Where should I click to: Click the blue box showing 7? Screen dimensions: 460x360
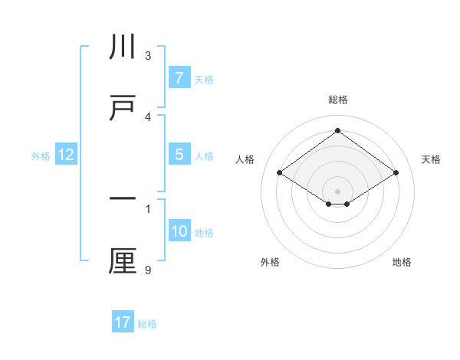(178, 78)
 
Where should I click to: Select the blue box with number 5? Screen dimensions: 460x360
(178, 155)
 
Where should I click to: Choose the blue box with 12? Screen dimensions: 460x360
(66, 155)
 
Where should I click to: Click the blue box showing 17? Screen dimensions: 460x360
(123, 322)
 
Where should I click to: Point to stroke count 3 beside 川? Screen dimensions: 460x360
(148, 56)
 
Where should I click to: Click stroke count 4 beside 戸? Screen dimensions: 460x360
(148, 116)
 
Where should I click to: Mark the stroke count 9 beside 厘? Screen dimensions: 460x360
(148, 269)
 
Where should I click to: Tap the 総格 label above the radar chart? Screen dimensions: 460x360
(337, 100)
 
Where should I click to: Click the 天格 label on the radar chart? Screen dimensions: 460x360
(431, 159)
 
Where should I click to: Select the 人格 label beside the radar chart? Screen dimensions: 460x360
(245, 159)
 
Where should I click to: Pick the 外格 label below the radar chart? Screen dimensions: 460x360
(270, 262)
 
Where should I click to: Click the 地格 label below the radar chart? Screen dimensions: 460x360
(402, 262)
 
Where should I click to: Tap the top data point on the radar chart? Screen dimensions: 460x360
(337, 130)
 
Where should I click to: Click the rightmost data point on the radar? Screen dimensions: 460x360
(396, 173)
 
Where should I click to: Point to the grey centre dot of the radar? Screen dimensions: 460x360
(337, 191)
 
